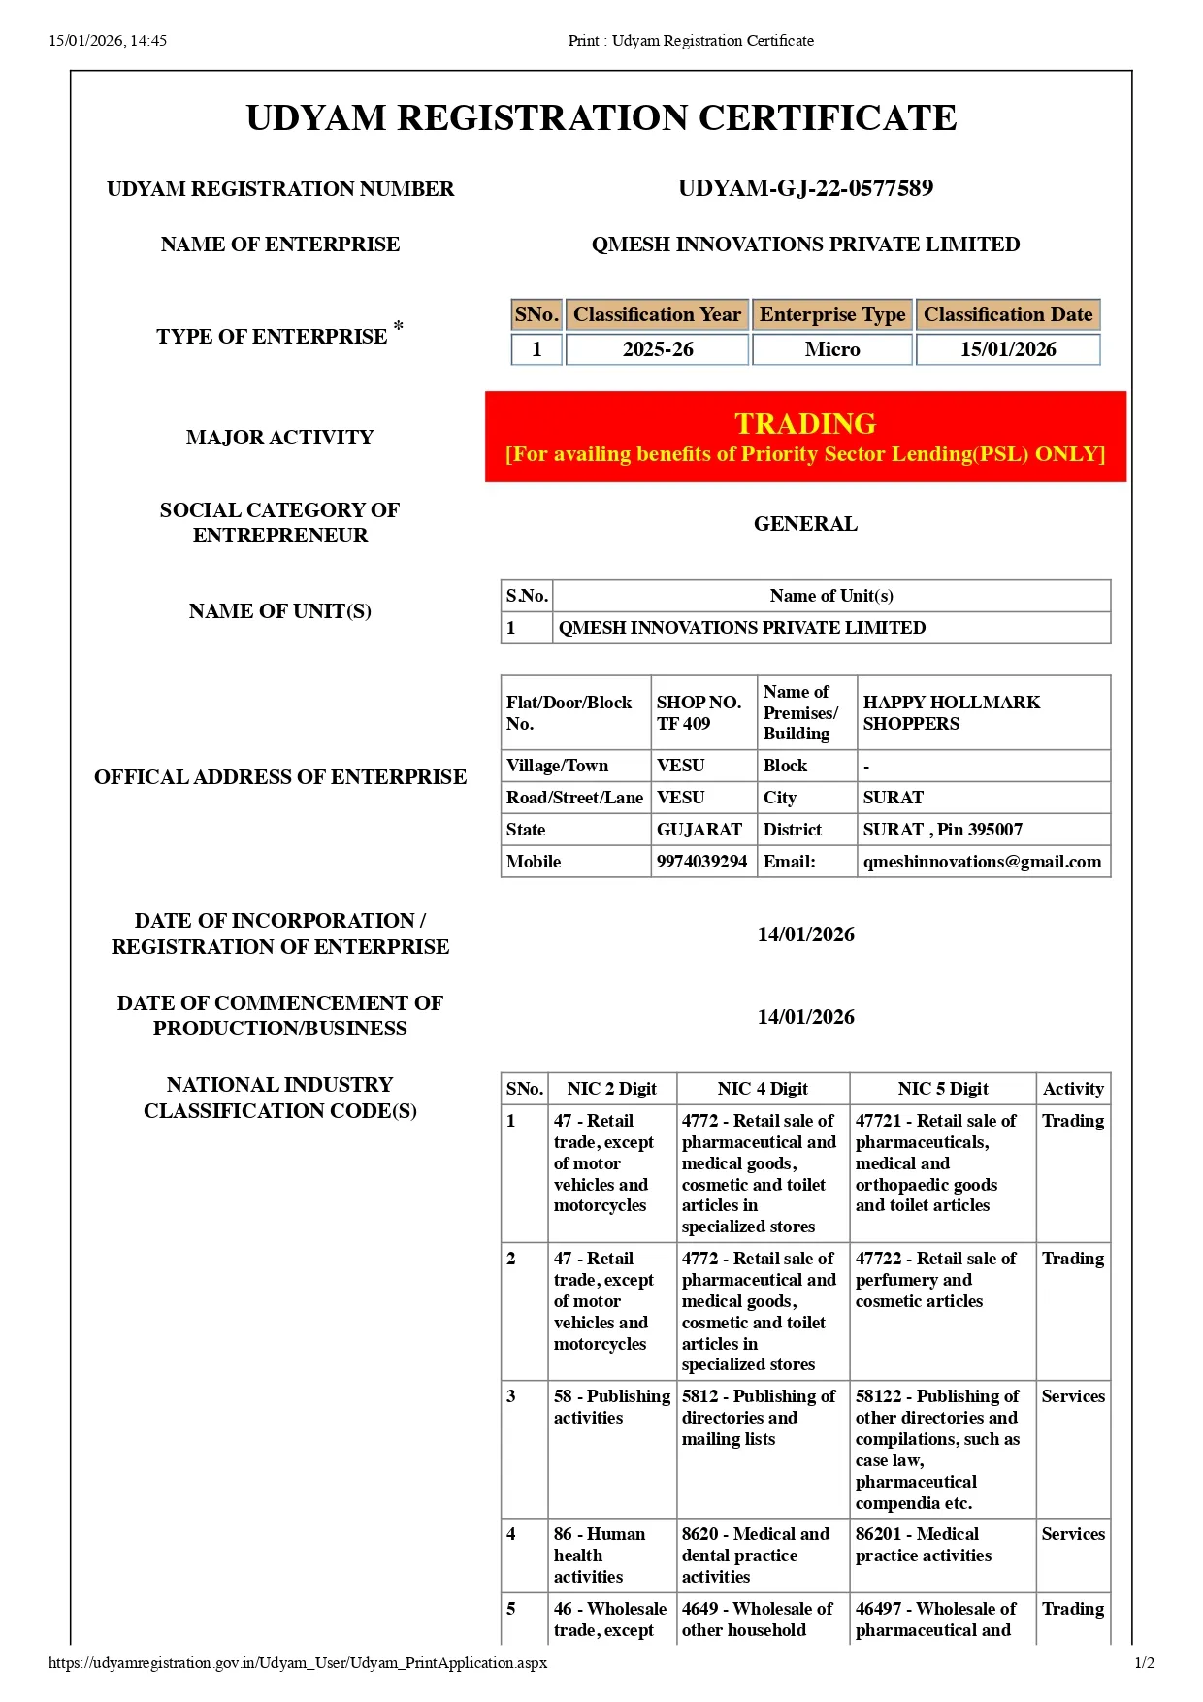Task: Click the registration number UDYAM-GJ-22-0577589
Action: coord(805,188)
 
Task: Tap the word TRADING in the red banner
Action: coord(805,424)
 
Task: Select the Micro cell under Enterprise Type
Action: coord(832,349)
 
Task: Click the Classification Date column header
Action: coord(1008,314)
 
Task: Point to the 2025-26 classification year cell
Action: coord(658,349)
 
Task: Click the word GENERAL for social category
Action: coord(805,524)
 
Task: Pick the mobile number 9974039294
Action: coord(701,862)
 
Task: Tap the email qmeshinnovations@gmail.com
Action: coord(982,862)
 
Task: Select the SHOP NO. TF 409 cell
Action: coord(699,712)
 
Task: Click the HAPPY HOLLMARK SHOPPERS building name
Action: coord(951,712)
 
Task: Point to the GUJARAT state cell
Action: coord(699,830)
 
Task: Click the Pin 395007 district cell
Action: coord(942,830)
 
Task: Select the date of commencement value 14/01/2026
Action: coord(805,1017)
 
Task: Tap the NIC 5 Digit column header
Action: coord(942,1089)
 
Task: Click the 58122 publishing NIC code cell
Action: coord(937,1449)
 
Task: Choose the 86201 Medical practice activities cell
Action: coord(923,1545)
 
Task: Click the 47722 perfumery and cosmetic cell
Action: coord(935,1280)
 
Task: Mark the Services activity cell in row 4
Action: coord(1073,1534)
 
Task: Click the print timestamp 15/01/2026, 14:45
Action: coord(108,41)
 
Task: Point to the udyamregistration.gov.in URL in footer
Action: coord(298,1662)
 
